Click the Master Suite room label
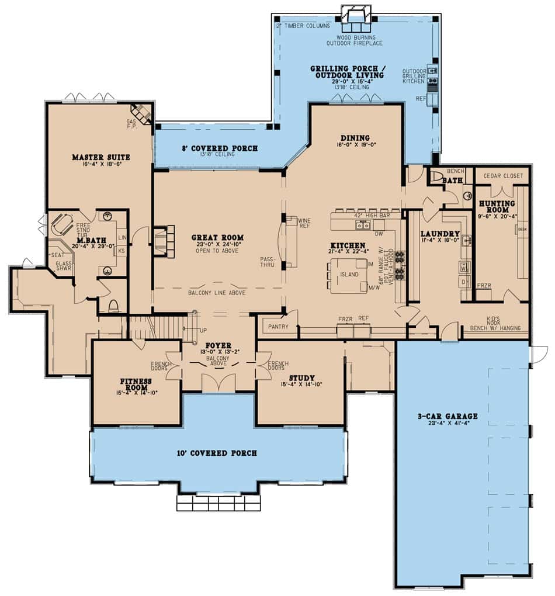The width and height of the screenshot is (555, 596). pos(100,157)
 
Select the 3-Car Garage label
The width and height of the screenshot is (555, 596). pos(448,417)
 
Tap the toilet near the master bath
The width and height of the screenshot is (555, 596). pos(113,306)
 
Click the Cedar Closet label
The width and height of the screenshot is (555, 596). pos(502,175)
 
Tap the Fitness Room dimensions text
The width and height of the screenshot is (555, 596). pos(136,393)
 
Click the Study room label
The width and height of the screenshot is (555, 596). pos(301,377)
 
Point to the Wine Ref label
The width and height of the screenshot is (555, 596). pos(304,224)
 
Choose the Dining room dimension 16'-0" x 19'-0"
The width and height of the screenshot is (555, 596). pos(356,145)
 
